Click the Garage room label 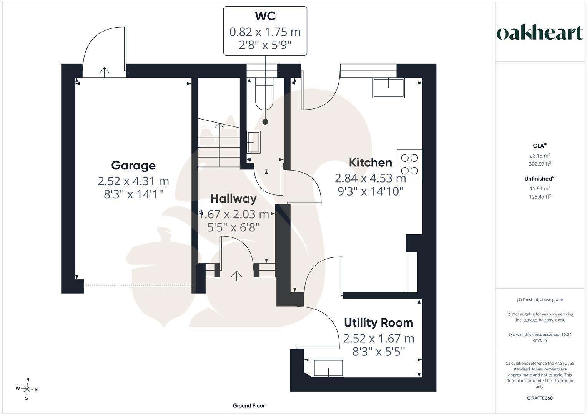pyautogui.click(x=133, y=166)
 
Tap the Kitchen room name pyautogui.click(x=370, y=163)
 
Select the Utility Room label pyautogui.click(x=378, y=323)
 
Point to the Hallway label pyautogui.click(x=233, y=199)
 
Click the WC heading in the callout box pyautogui.click(x=265, y=16)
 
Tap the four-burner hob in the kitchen pyautogui.click(x=409, y=164)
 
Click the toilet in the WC pyautogui.click(x=264, y=93)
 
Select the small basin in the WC pyautogui.click(x=253, y=142)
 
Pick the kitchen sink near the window pyautogui.click(x=388, y=88)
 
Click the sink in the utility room pyautogui.click(x=328, y=368)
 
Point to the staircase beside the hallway pyautogui.click(x=219, y=143)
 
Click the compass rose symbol pyautogui.click(x=27, y=389)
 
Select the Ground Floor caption pyautogui.click(x=249, y=405)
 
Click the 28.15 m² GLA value pyautogui.click(x=540, y=155)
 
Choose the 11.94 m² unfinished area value pyautogui.click(x=540, y=188)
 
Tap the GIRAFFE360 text pyautogui.click(x=540, y=398)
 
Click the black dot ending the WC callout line pyautogui.click(x=265, y=121)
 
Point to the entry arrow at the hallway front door pyautogui.click(x=236, y=276)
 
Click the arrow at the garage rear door pyautogui.click(x=104, y=72)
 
